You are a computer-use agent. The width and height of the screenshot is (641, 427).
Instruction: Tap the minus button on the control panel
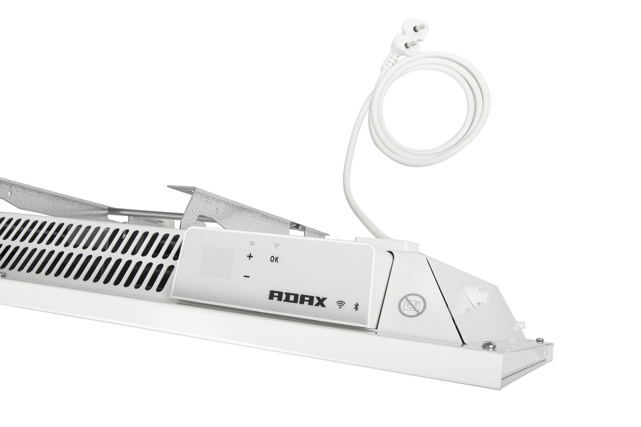point(246,277)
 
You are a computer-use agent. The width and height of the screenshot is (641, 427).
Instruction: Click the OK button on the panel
point(274,260)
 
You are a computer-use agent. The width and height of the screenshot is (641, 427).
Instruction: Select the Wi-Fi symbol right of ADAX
point(340,305)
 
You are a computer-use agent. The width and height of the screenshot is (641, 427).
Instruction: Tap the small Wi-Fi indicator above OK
point(276,245)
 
